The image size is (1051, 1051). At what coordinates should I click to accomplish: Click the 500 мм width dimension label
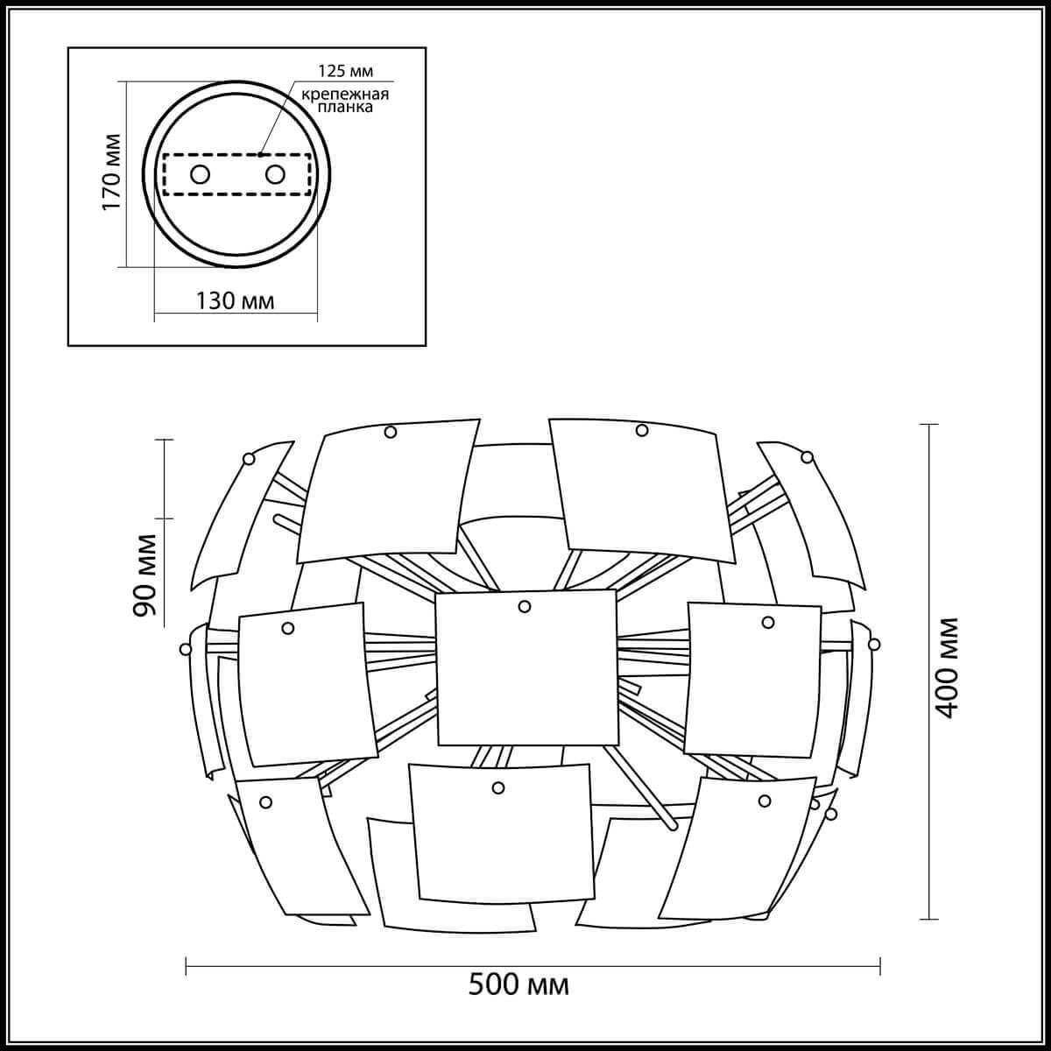tap(518, 985)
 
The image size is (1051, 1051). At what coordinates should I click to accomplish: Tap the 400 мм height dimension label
tap(945, 668)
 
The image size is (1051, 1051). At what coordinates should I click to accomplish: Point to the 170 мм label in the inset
tap(111, 173)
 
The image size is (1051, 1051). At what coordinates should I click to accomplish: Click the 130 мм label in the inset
tap(235, 301)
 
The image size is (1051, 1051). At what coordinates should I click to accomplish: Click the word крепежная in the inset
tap(345, 94)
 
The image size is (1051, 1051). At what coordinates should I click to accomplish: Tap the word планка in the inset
tap(345, 108)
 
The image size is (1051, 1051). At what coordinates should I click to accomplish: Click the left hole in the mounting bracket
tap(201, 174)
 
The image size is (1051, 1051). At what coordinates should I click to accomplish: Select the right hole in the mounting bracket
tap(275, 174)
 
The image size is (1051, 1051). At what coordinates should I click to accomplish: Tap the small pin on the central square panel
tap(524, 606)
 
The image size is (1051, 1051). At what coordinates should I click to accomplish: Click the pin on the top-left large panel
tap(390, 432)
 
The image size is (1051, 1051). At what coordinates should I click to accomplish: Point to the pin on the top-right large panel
tap(642, 430)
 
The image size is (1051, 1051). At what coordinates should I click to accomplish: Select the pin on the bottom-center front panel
tap(498, 787)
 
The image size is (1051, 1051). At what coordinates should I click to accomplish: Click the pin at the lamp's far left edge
tap(185, 649)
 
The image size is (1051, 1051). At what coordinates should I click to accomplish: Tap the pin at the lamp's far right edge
tap(873, 644)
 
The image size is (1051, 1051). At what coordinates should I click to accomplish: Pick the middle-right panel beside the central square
tap(751, 680)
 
